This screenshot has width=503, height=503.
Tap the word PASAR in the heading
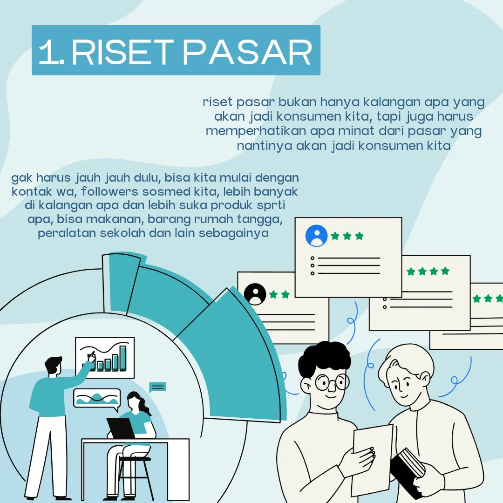click(247, 52)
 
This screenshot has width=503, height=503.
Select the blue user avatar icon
click(316, 236)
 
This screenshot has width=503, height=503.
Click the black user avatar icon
click(255, 294)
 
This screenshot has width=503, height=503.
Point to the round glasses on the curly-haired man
click(332, 382)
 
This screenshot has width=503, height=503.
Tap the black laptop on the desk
click(121, 428)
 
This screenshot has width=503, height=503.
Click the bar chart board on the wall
click(105, 358)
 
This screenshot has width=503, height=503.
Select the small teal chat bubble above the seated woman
click(157, 387)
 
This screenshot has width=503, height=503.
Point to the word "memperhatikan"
click(256, 131)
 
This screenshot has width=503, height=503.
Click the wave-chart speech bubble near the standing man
click(97, 399)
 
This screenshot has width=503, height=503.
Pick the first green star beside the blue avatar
click(335, 236)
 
